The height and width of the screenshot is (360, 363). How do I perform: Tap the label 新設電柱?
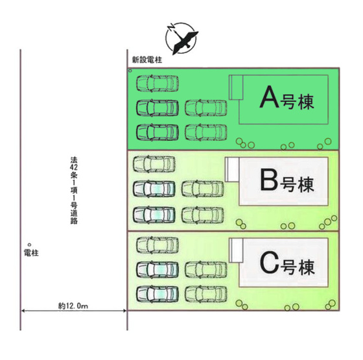(x=147, y=60)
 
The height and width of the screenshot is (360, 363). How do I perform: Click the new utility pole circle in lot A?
(x=130, y=71)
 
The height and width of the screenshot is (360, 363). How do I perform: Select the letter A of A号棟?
(x=269, y=97)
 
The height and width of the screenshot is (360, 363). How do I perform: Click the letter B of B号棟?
(x=269, y=180)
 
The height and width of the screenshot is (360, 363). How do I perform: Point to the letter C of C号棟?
(x=269, y=262)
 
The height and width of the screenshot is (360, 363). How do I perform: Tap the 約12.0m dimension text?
(x=73, y=306)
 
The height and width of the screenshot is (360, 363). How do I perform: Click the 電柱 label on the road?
(x=31, y=253)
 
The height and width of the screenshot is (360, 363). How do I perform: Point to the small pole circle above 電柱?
(x=29, y=245)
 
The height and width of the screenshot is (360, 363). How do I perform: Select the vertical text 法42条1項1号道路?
(x=74, y=191)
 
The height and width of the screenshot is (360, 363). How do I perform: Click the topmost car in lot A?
(x=158, y=83)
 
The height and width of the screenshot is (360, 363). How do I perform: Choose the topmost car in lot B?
(x=154, y=164)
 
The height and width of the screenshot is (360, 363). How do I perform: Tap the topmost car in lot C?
(x=158, y=245)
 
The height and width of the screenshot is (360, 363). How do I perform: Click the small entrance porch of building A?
(x=236, y=88)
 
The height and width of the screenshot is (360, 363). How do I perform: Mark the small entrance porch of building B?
(x=232, y=169)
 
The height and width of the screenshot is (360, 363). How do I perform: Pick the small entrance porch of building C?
(x=236, y=250)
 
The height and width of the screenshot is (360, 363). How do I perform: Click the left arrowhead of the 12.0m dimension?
(x=23, y=311)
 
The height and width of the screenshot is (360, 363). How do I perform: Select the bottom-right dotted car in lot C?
(x=206, y=294)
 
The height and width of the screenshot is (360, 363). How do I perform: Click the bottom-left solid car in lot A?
(x=158, y=132)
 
